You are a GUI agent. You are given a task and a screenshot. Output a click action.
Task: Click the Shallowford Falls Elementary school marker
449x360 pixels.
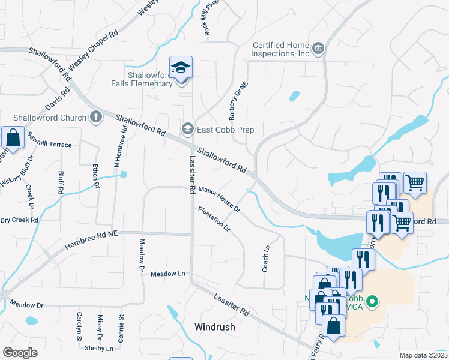(x=180, y=68)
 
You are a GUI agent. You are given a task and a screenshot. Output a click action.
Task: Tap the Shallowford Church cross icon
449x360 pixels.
(x=96, y=117)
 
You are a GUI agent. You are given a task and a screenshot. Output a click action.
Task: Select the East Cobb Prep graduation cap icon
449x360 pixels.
(x=188, y=129)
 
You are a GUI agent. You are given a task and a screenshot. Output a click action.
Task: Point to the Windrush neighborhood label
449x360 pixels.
(x=214, y=328)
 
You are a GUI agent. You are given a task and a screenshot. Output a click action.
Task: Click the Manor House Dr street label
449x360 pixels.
(x=218, y=200)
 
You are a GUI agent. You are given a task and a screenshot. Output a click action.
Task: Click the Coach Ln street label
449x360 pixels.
(x=265, y=259)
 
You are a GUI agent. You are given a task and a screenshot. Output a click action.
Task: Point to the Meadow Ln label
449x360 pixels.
(x=167, y=274)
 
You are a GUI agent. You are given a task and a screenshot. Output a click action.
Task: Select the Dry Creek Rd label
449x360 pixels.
(x=19, y=220)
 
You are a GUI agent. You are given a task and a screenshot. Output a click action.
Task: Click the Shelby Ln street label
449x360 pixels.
(x=98, y=348)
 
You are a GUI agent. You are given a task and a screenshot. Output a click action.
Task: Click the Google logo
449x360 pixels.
(x=20, y=353)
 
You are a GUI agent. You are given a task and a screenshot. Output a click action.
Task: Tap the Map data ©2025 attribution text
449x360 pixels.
(x=423, y=355)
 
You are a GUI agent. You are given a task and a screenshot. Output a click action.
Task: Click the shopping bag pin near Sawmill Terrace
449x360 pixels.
(x=13, y=138)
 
